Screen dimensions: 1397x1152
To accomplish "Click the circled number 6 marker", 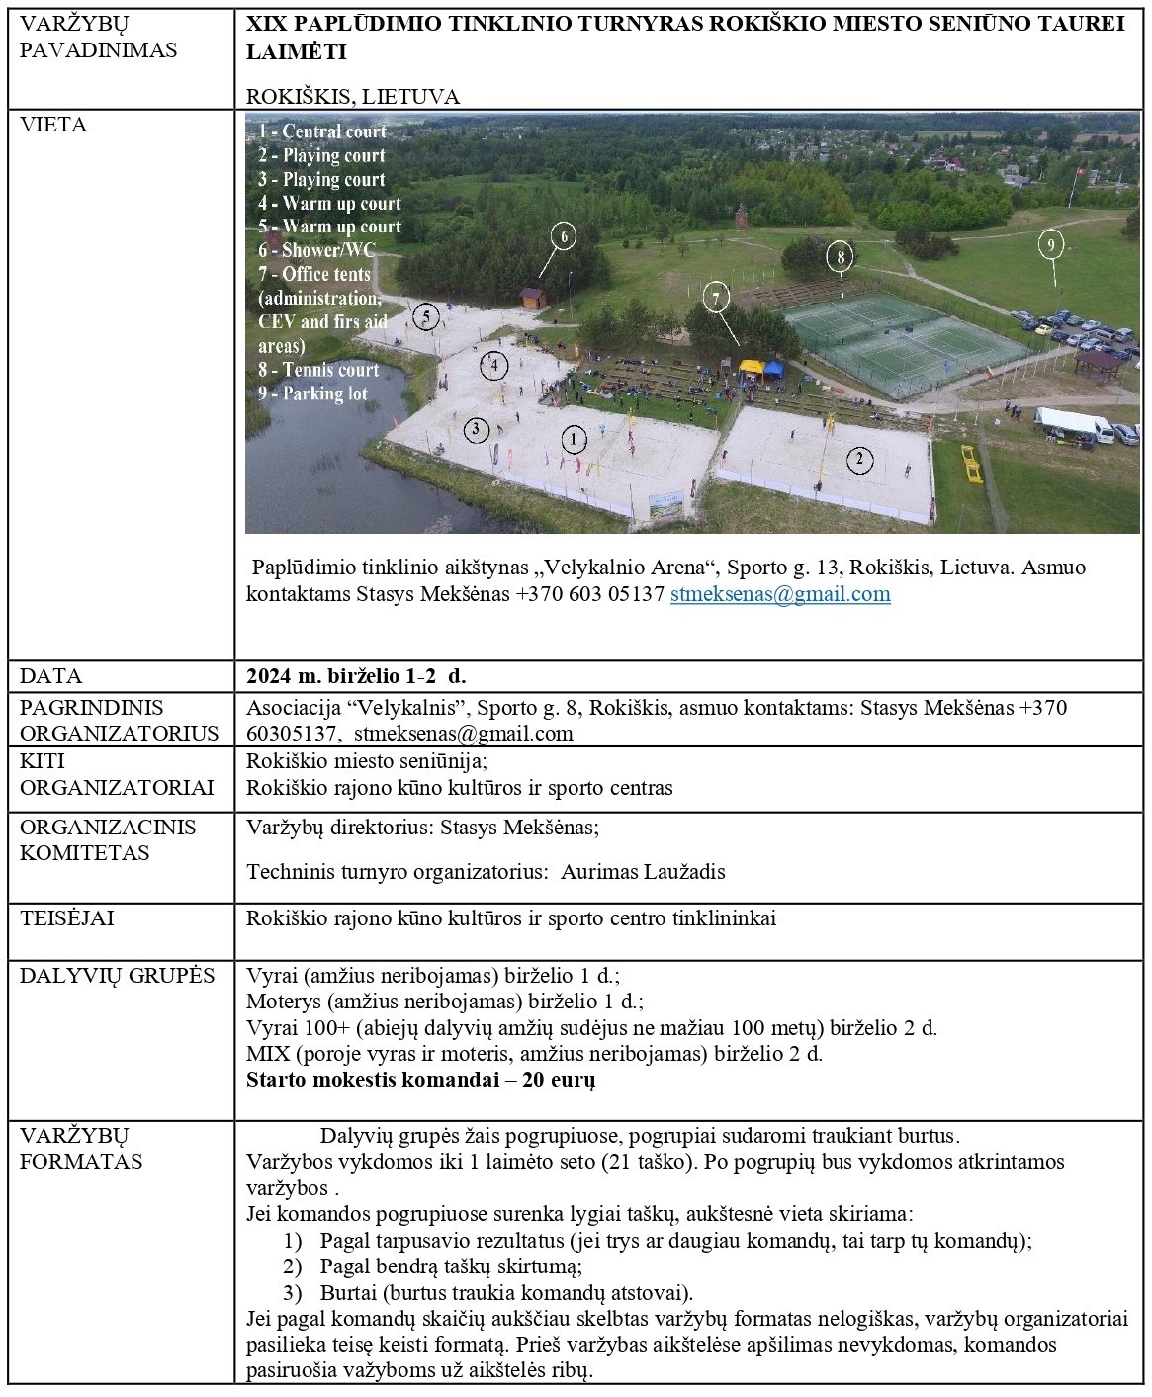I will point(563,237).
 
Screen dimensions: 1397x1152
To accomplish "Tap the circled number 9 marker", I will point(1050,244).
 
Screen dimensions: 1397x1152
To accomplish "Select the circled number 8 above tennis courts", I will point(840,258).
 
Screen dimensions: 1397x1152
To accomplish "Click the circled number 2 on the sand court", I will point(859,459).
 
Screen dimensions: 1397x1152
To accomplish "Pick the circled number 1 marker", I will point(574,439).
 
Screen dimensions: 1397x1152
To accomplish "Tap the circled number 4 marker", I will point(493,367).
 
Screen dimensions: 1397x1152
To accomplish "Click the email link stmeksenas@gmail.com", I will point(780,594).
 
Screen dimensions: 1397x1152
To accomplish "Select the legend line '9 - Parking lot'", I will point(312,393).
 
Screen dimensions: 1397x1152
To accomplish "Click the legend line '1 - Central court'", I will point(322,131).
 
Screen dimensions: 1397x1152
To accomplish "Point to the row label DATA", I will point(51,677).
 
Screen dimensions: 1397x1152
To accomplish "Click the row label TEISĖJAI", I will point(67,918).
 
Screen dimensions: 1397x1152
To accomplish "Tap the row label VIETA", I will point(53,126).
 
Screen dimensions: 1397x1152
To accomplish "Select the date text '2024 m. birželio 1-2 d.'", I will point(356,677).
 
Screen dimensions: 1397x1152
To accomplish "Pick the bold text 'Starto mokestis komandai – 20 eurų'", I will point(420,1080).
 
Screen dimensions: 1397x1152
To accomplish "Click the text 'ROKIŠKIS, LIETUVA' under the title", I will point(353,97).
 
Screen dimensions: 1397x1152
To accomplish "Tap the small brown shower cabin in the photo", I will point(531,298).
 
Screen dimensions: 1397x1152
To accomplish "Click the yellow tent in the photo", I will point(753,368).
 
